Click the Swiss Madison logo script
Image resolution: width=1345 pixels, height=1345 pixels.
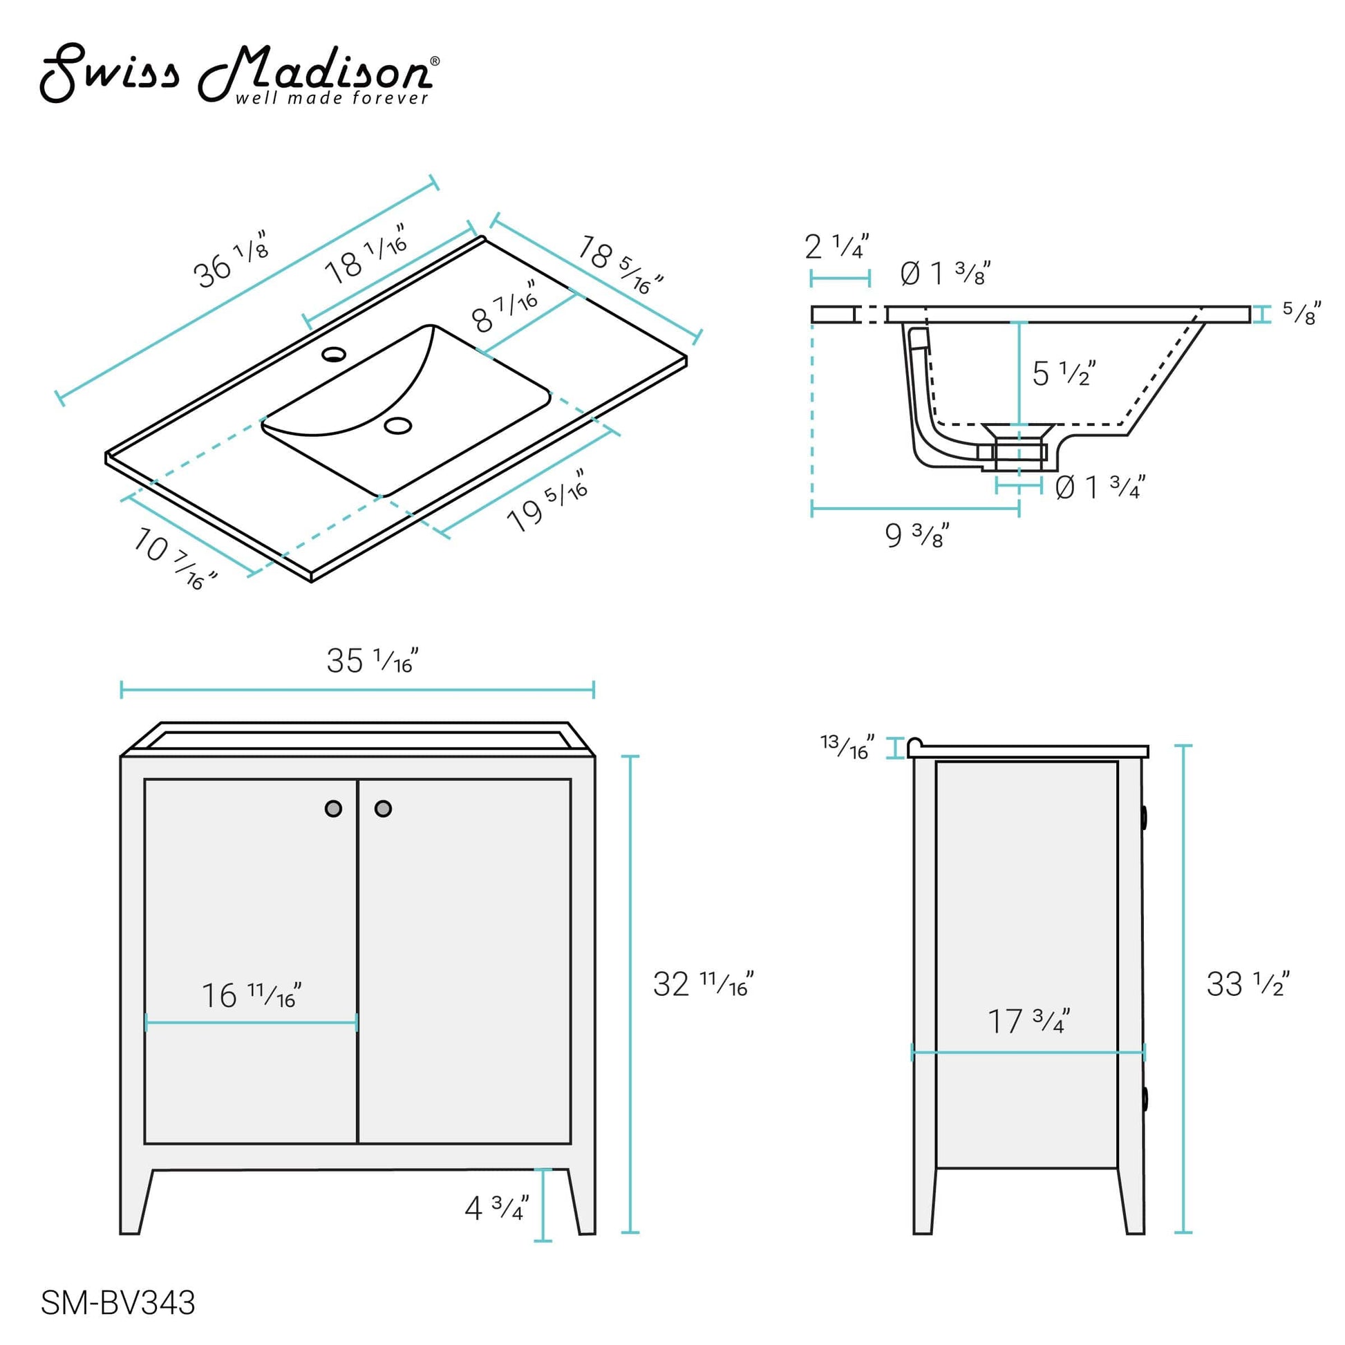[236, 73]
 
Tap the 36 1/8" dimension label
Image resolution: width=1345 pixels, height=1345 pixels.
[230, 261]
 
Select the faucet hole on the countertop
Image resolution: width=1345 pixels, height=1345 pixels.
[334, 355]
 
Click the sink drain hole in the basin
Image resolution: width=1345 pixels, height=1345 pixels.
[398, 425]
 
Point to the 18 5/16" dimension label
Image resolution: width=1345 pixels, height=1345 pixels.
[619, 265]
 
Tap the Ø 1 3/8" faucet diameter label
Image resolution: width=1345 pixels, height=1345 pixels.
[945, 273]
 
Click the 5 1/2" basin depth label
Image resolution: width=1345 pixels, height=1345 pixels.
[1063, 374]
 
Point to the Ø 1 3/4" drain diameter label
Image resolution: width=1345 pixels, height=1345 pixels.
[1099, 487]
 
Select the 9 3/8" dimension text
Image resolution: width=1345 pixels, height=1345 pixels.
[916, 536]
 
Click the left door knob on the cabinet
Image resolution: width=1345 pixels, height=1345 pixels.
[333, 808]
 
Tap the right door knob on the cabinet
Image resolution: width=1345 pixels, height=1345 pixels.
[383, 808]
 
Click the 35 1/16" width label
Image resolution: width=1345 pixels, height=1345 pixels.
[373, 661]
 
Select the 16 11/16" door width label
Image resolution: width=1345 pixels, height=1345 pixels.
[251, 995]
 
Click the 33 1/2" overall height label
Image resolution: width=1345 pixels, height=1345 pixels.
[1248, 984]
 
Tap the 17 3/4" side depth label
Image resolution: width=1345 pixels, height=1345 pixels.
[1028, 1022]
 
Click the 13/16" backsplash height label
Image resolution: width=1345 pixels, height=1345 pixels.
[847, 747]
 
